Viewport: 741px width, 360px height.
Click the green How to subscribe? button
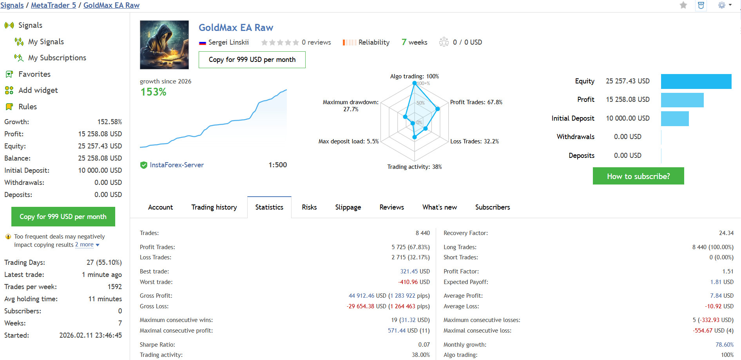pos(638,176)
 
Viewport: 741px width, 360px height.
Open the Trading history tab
pos(214,207)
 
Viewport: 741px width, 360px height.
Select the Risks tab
pos(309,207)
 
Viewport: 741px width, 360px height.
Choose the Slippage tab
pos(348,207)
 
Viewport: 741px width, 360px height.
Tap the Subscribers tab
pos(492,207)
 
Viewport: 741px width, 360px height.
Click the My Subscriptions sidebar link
pos(57,58)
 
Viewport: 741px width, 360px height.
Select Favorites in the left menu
pos(34,74)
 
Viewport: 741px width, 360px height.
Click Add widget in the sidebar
pos(38,90)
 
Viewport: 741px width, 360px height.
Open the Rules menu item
pos(27,107)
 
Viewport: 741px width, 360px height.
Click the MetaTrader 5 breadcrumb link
pos(53,5)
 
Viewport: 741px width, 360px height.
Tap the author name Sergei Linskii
pos(228,42)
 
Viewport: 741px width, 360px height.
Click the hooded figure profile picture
pos(164,45)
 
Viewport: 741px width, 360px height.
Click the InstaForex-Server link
pos(177,165)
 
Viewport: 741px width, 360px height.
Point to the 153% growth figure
pos(154,92)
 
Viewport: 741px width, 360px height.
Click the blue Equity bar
pos(696,81)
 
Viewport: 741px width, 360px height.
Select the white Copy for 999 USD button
pos(252,60)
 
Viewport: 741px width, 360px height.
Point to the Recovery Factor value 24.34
pos(726,233)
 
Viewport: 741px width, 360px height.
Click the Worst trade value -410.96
pos(414,282)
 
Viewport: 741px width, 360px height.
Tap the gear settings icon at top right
pos(722,5)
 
